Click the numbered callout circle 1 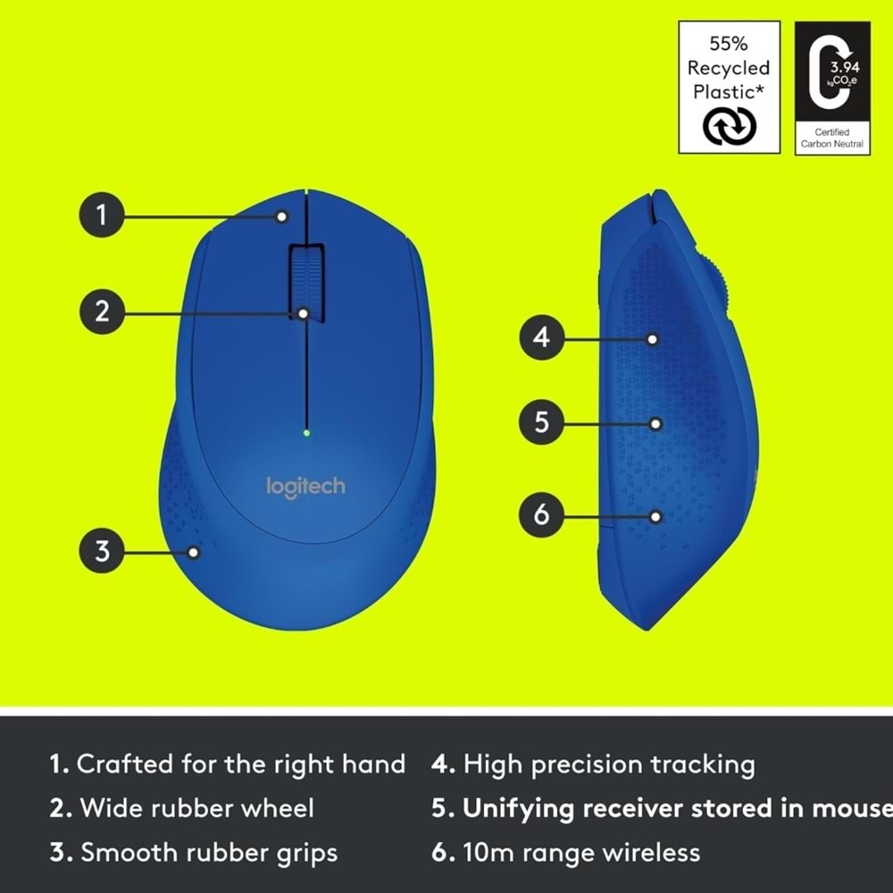coord(102,215)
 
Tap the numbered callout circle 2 coord(102,313)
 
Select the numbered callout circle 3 coord(102,552)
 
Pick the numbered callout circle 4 coord(542,338)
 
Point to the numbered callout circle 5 coord(542,422)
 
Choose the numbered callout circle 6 coord(542,515)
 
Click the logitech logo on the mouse coord(305,487)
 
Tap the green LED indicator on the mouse coord(306,434)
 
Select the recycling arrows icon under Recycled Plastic coord(729,126)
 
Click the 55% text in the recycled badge coord(729,44)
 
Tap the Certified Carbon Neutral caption coord(831,138)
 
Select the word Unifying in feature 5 coord(518,809)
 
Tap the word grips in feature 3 coord(305,854)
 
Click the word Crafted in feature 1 coord(125,764)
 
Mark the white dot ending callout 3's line coord(195,552)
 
